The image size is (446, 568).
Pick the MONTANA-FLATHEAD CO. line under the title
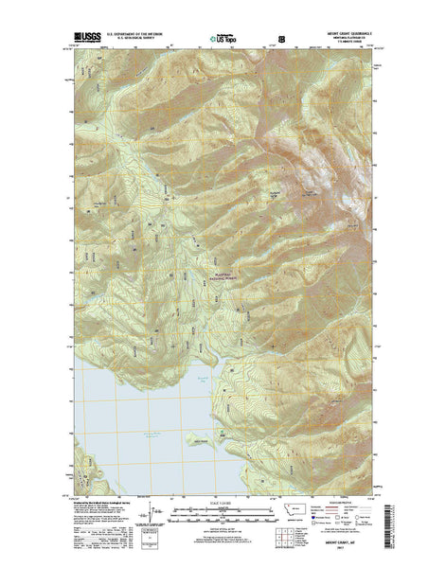point(353,40)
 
